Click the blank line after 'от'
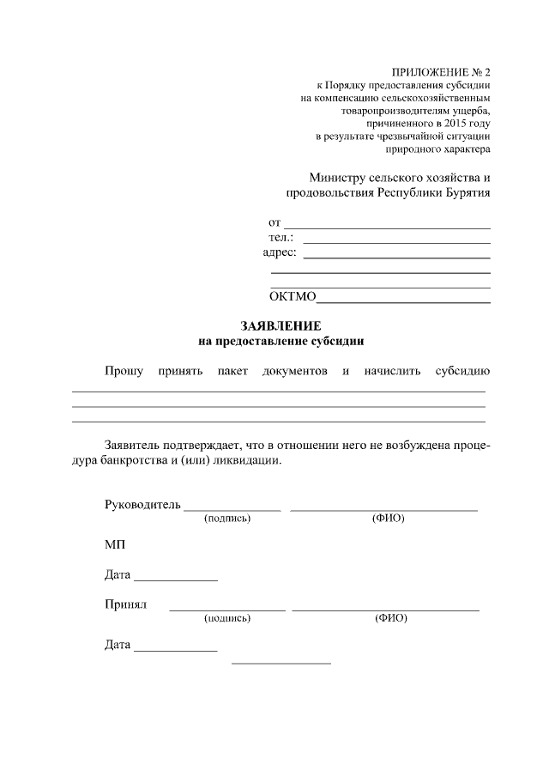point(387,227)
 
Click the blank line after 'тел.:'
point(396,241)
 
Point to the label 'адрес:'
point(280,252)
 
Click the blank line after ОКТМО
point(403,302)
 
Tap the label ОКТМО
point(293,298)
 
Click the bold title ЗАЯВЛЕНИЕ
point(281,327)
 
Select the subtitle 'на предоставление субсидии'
point(281,341)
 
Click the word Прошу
point(124,372)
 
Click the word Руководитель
point(142,504)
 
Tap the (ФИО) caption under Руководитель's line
point(389,519)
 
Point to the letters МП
point(115,545)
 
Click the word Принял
point(126,604)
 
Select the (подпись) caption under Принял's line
point(227,618)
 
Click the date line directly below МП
point(176,580)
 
